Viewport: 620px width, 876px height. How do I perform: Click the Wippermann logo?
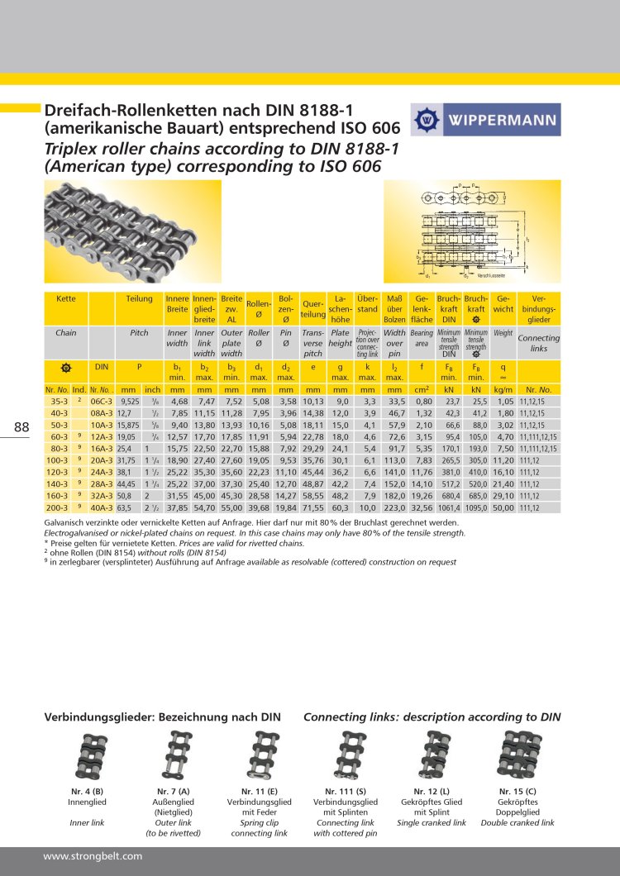click(x=485, y=119)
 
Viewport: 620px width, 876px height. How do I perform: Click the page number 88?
click(x=22, y=426)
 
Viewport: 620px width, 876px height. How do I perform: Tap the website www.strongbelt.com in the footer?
click(x=93, y=855)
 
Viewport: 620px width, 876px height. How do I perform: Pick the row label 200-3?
click(x=57, y=507)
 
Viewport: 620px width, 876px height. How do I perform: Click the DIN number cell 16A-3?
click(x=101, y=448)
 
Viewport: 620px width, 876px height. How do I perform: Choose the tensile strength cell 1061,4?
click(x=449, y=507)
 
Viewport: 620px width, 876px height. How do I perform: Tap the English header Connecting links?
click(x=538, y=342)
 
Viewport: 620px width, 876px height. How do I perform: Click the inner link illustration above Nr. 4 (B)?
click(x=87, y=755)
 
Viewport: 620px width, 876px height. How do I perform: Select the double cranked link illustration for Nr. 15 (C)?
click(x=521, y=755)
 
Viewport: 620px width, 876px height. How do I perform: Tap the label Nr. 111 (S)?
click(x=346, y=792)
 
